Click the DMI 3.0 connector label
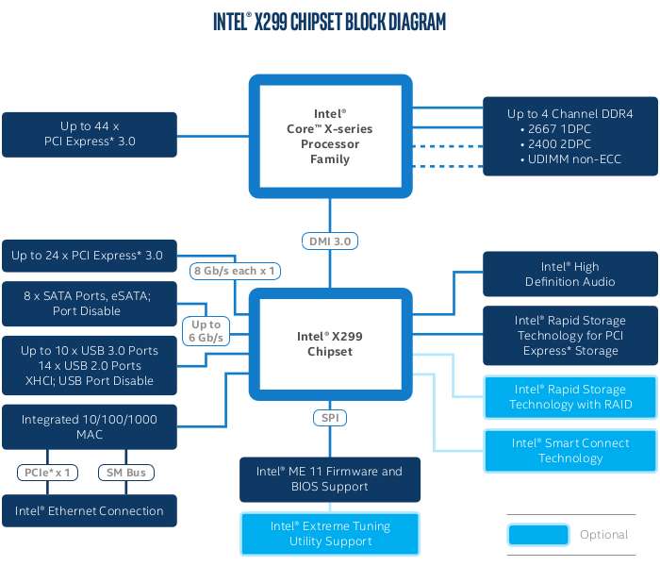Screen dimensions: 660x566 (330, 241)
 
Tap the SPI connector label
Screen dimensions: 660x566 (330, 418)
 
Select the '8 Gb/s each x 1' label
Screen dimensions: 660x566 (235, 271)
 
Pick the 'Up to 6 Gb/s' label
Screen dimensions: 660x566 (206, 331)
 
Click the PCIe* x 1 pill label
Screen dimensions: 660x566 (47, 473)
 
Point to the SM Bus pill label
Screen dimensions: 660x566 (125, 473)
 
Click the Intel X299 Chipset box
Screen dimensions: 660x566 (330, 344)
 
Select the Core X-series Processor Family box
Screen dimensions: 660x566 (330, 137)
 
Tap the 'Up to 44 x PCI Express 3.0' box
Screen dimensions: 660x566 (90, 135)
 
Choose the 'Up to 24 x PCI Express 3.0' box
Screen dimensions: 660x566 (90, 256)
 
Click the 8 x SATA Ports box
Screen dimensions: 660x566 (90, 304)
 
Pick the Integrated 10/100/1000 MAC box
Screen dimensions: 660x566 (90, 427)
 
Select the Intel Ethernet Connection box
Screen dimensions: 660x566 (90, 511)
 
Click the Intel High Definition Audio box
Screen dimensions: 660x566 (570, 275)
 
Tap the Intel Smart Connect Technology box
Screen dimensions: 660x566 (570, 451)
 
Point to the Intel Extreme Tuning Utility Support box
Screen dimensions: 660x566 (330, 534)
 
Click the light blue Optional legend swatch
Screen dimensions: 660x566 (538, 535)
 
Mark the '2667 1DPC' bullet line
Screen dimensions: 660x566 (555, 129)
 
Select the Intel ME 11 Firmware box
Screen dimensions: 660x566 (330, 479)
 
